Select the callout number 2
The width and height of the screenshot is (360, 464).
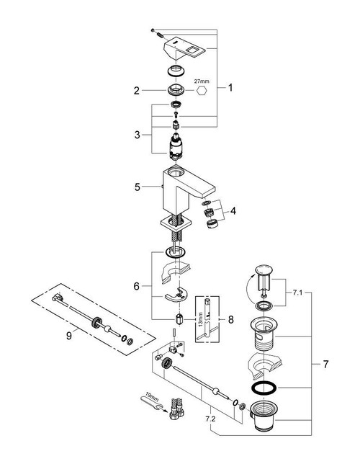click(x=135, y=91)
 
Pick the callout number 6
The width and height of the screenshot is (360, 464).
click(x=135, y=285)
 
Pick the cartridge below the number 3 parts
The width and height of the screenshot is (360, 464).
click(x=176, y=149)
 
